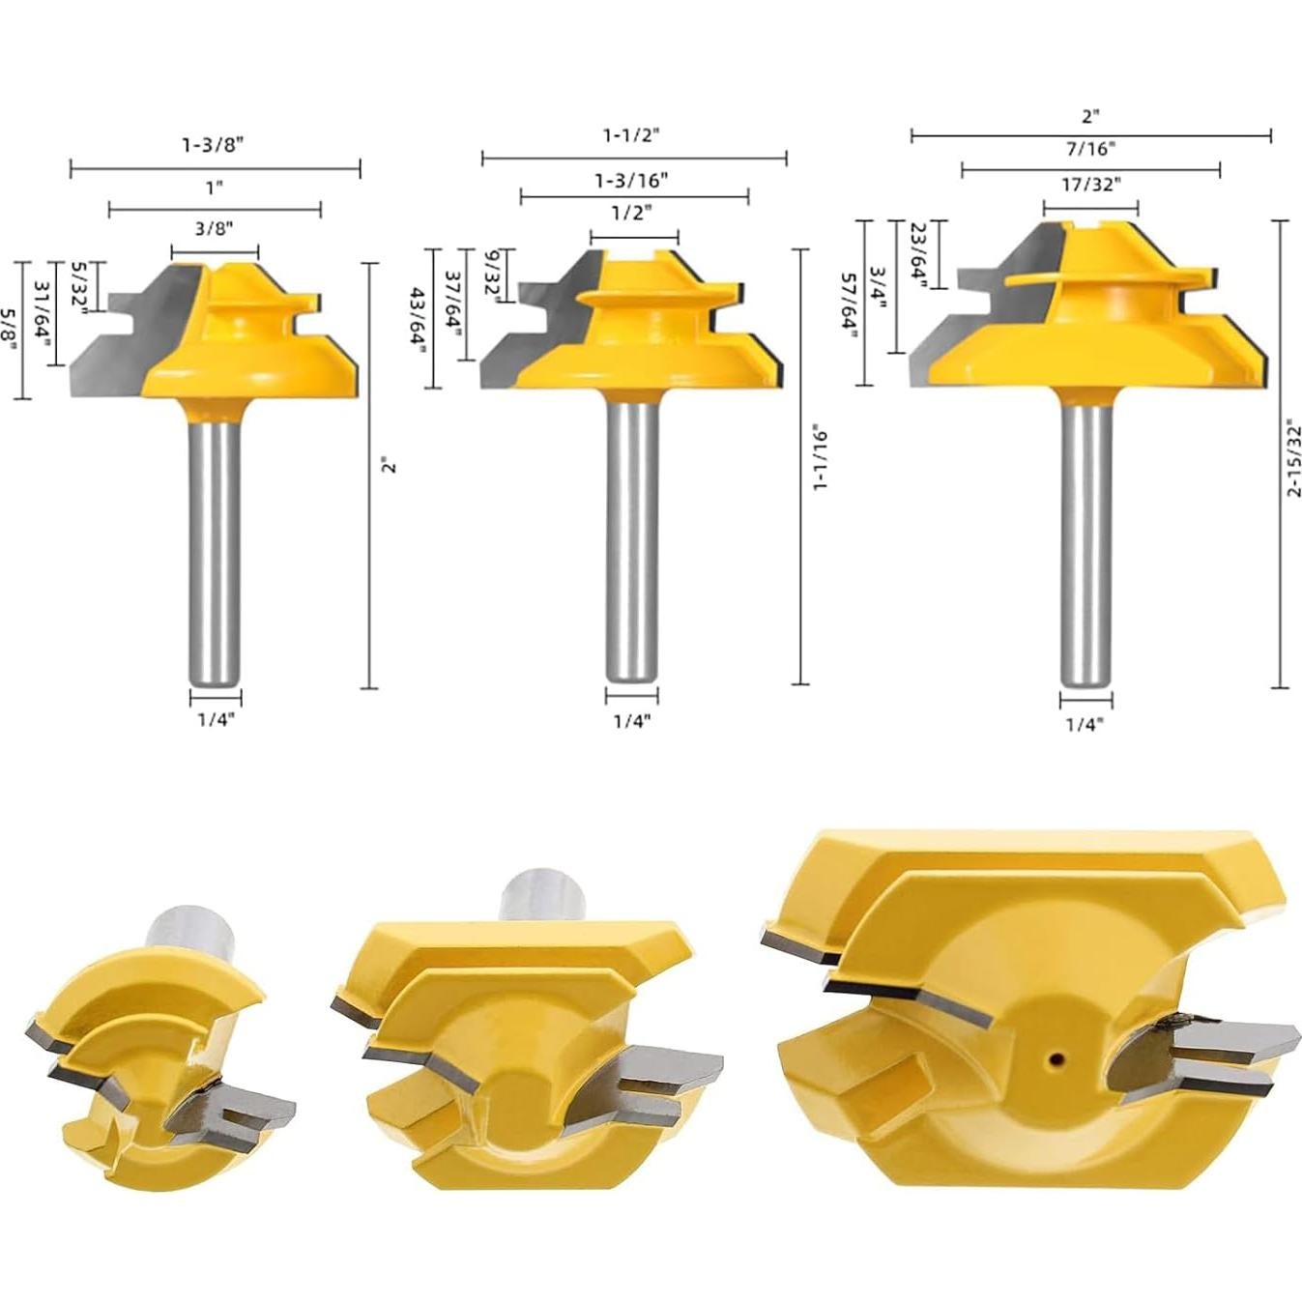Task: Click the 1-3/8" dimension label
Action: pyautogui.click(x=214, y=145)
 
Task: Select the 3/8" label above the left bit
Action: pyautogui.click(x=214, y=228)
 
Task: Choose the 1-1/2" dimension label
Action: pyautogui.click(x=632, y=135)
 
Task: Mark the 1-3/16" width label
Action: pyautogui.click(x=632, y=180)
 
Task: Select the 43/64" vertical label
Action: pyautogui.click(x=418, y=321)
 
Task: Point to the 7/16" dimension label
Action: pyautogui.click(x=1090, y=149)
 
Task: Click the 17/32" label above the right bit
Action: pyautogui.click(x=1090, y=185)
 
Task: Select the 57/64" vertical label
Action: pyautogui.click(x=848, y=302)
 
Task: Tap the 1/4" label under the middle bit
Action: pyautogui.click(x=632, y=721)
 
